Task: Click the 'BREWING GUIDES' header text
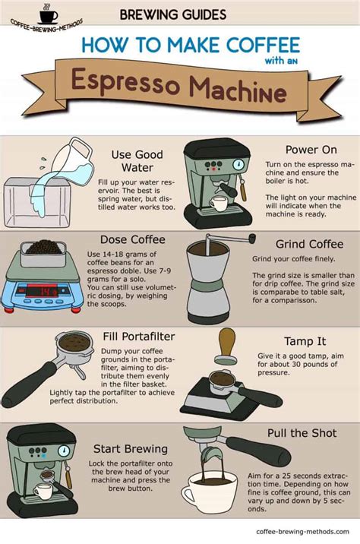(172, 14)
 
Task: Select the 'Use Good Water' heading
(137, 161)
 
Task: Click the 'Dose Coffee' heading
(137, 240)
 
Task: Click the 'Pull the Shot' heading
(302, 432)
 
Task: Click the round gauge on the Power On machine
(238, 164)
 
